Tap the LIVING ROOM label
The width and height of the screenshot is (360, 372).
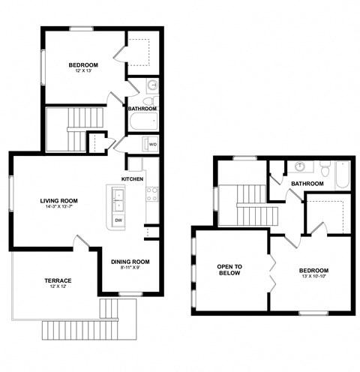click(59, 200)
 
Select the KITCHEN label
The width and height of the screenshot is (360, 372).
click(133, 178)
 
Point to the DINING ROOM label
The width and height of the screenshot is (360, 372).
click(130, 262)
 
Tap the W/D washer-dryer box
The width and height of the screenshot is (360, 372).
click(152, 144)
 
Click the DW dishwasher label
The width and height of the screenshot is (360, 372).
click(118, 220)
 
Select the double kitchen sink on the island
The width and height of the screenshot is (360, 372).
click(118, 199)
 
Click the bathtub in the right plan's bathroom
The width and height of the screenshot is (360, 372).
click(341, 175)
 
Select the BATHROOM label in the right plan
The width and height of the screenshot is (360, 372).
click(307, 184)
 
